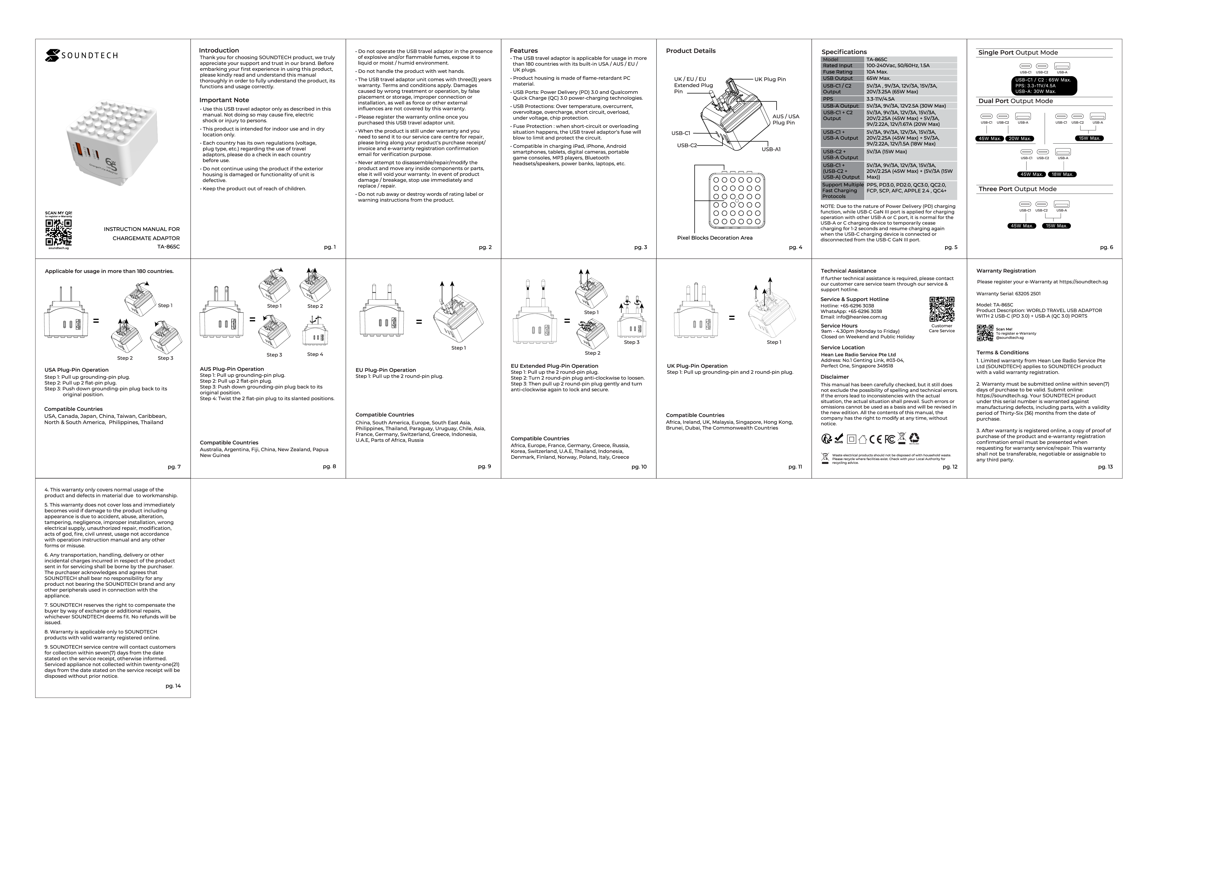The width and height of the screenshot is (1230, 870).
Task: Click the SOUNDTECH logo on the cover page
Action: coord(81,55)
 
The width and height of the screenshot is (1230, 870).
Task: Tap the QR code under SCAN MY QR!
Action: coord(59,232)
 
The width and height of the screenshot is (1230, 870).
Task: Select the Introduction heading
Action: coord(219,50)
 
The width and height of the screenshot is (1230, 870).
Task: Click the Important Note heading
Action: coord(224,100)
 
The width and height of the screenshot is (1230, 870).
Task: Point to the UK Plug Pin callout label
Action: coord(770,79)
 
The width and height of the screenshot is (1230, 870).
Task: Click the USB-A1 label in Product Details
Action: coord(771,150)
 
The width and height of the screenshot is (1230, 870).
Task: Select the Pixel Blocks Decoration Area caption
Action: coord(715,238)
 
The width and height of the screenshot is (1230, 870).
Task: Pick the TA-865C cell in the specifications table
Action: coord(876,60)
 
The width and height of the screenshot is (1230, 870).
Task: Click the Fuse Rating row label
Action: coord(837,72)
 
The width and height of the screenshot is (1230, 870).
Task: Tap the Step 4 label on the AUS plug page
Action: coord(315,354)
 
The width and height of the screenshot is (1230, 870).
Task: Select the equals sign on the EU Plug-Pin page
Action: coord(419,322)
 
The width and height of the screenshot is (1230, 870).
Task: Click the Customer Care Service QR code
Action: coord(941,310)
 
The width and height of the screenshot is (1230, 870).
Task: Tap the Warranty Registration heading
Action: coord(1006,271)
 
